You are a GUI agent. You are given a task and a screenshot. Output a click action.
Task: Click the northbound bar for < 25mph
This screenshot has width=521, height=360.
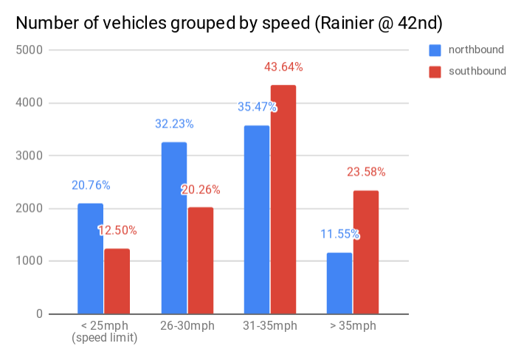[x=90, y=259]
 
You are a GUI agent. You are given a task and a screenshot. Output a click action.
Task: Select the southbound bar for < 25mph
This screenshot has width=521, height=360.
[x=117, y=281]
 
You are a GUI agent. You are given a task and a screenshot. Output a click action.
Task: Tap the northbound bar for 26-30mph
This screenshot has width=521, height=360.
[x=174, y=228]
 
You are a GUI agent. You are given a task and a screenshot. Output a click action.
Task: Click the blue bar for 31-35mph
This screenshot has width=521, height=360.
[x=257, y=220]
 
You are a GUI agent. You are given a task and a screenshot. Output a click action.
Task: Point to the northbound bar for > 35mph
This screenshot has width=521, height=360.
[x=339, y=283]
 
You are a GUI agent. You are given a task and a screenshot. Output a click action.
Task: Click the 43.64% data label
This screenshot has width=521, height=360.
[x=283, y=67]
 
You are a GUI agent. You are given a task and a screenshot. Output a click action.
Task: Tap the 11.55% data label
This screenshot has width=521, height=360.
[x=339, y=235]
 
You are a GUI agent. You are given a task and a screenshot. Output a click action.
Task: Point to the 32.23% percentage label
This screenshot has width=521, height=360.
[x=174, y=124]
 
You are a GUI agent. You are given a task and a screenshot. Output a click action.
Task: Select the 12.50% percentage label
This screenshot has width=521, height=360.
[x=117, y=230]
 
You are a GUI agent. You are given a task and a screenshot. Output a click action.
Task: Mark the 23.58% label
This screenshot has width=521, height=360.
[x=366, y=172]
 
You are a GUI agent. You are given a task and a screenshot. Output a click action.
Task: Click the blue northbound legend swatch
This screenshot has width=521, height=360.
[x=435, y=50]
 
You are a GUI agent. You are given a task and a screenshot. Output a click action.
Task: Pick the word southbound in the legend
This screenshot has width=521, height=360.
[x=477, y=71]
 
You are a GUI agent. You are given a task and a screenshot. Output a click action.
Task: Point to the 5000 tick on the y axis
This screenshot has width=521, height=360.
[x=30, y=50]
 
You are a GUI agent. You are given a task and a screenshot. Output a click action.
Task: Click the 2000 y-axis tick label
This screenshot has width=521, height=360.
[x=30, y=209]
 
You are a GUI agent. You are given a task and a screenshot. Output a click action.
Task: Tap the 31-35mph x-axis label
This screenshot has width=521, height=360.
[x=270, y=325]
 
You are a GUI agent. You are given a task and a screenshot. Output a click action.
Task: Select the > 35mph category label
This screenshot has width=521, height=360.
[x=353, y=325]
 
